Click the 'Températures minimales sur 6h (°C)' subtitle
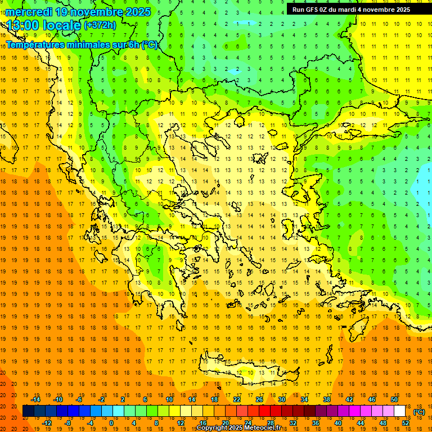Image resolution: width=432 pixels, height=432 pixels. [x=82, y=45]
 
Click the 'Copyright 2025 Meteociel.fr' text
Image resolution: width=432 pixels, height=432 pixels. [x=242, y=428]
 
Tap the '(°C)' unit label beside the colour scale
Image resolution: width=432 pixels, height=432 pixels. [x=418, y=412]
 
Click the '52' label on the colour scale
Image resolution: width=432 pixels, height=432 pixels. [x=406, y=423]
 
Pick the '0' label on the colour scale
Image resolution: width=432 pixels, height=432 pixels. [x=111, y=423]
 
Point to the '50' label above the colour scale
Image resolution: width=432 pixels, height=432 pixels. [x=394, y=399]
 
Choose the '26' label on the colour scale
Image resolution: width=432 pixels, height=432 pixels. [x=259, y=399]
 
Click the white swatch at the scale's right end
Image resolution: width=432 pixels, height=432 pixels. [x=400, y=411]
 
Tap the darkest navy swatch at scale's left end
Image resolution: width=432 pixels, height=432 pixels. [x=28, y=411]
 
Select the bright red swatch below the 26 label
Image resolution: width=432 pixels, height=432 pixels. [x=265, y=411]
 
